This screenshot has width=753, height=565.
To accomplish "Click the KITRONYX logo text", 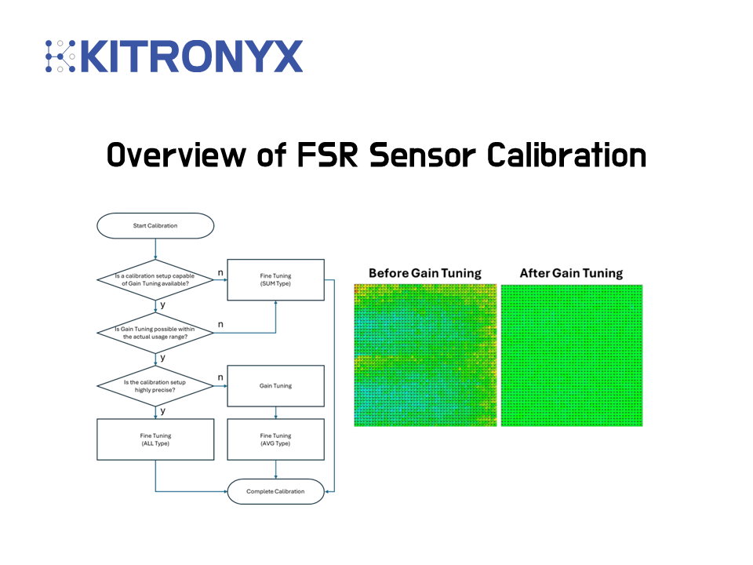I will [191, 56].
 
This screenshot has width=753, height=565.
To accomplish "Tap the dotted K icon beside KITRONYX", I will [60, 56].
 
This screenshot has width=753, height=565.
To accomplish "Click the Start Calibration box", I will [155, 226].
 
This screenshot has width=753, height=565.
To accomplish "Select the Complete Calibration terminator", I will [275, 491].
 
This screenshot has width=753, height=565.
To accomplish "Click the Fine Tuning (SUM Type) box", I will [275, 279].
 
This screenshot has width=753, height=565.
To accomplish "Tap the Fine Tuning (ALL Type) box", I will [155, 439].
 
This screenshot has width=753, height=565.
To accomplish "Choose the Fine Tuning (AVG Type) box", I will [275, 439].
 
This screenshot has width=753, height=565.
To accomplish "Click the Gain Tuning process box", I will [275, 386].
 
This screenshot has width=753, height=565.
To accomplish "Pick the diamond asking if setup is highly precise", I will [155, 386].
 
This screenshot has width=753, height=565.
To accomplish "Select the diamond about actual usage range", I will [155, 333].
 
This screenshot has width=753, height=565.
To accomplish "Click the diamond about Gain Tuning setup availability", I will [155, 279].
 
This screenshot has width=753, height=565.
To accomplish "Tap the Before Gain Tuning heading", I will [425, 273].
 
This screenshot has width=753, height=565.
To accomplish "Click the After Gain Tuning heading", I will [571, 273].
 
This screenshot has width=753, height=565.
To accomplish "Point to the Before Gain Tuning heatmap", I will [425, 355].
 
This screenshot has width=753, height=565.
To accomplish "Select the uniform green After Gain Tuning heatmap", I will [571, 355].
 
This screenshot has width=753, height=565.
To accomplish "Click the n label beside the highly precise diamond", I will [220, 377].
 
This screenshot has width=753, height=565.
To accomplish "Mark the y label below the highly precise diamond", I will [162, 410].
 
